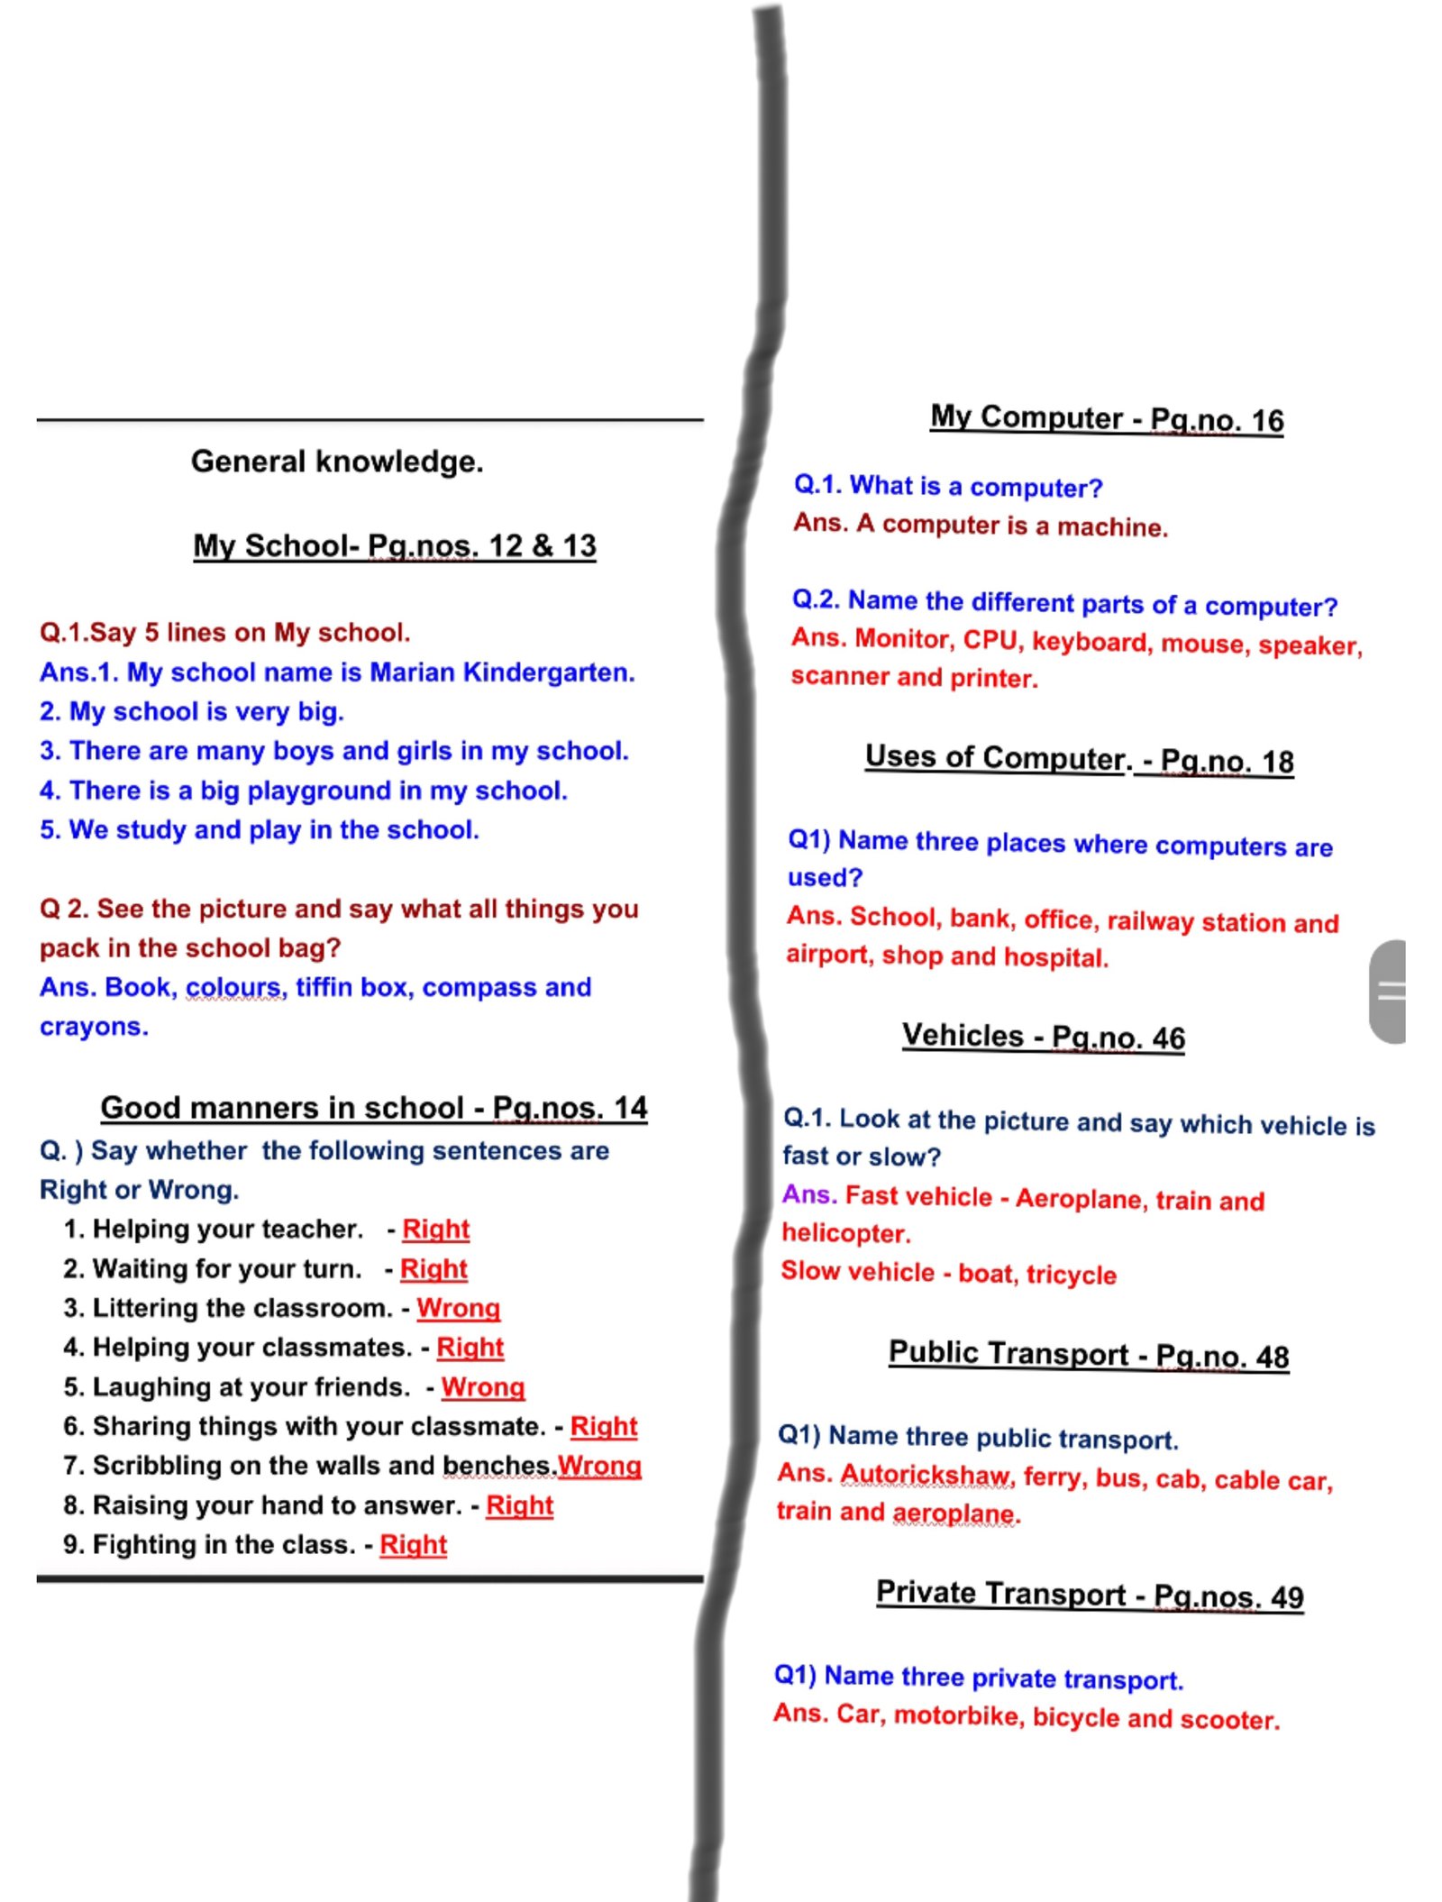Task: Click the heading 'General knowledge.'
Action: [337, 462]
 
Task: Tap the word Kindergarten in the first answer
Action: [548, 672]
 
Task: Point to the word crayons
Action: [94, 1027]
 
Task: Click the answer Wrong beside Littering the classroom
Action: [458, 1308]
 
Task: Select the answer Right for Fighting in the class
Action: [413, 1545]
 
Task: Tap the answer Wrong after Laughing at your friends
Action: [482, 1387]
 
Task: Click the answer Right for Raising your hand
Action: [519, 1505]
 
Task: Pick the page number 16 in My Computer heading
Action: [1267, 421]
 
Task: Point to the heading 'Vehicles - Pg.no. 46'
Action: [1043, 1037]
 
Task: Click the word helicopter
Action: [845, 1233]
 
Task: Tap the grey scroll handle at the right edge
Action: [1388, 992]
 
